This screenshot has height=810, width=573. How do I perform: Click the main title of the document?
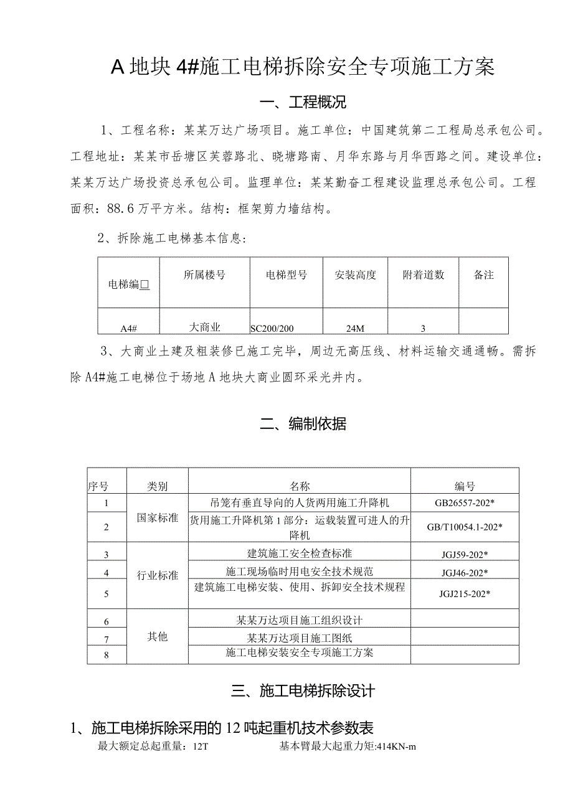coord(303,67)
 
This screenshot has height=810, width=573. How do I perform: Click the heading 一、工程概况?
coord(303,102)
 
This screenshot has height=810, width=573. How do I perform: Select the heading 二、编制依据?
coord(303,424)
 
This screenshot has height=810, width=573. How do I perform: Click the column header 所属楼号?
coord(204,275)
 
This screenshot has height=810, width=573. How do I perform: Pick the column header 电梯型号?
coord(286,275)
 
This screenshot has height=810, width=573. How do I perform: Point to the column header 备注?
coord(483,275)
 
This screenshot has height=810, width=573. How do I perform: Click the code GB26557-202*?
coord(465,502)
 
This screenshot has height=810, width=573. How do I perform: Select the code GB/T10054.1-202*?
coord(465,527)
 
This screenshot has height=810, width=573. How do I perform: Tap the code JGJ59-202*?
coord(465,554)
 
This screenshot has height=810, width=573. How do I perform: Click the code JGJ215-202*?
coord(465,593)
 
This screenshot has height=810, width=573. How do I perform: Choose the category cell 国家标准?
coord(158,517)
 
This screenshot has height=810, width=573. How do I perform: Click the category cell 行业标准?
coord(158,575)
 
